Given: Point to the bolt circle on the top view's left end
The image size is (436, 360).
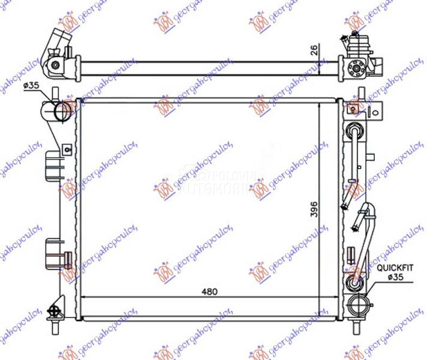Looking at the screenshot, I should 55,65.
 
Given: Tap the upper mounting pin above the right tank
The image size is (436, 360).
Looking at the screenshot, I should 360,94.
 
